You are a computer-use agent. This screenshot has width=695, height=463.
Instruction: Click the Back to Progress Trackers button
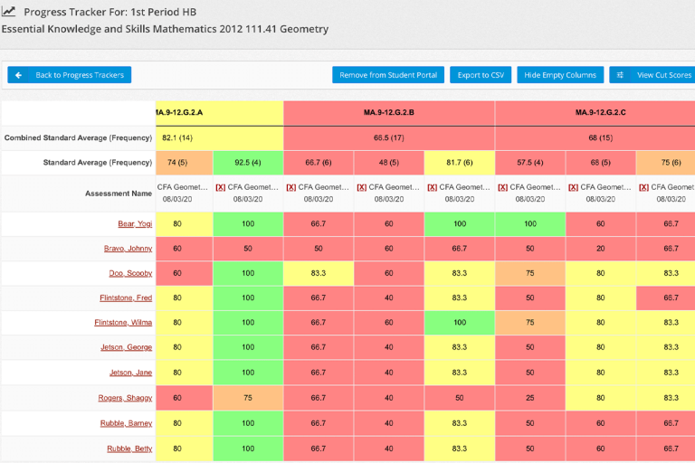[70, 75]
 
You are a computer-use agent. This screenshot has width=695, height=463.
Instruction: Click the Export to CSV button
[480, 75]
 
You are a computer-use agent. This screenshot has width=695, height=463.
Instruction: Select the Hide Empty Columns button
[560, 75]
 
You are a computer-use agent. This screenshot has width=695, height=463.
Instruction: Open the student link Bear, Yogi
[133, 223]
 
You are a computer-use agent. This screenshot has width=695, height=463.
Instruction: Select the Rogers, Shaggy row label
[125, 398]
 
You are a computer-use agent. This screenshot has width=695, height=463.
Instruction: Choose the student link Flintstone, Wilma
[123, 323]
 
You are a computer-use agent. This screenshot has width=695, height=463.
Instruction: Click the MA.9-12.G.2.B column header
[389, 113]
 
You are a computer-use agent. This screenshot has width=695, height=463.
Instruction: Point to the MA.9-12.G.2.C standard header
[600, 113]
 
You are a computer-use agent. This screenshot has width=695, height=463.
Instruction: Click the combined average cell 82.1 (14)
[177, 138]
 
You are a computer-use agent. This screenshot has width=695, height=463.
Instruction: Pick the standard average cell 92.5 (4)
[248, 163]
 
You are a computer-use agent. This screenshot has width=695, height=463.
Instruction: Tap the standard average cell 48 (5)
[389, 163]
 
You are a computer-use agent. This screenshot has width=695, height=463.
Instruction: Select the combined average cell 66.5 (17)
[389, 138]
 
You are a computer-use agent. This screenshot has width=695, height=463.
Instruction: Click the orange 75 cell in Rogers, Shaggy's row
[248, 398]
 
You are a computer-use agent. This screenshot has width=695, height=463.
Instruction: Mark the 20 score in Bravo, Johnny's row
[601, 249]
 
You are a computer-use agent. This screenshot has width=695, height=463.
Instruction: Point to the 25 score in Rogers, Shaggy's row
[530, 398]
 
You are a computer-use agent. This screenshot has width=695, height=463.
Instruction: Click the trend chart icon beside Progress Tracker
[9, 12]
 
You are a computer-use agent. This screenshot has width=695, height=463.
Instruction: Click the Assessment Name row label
[119, 194]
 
